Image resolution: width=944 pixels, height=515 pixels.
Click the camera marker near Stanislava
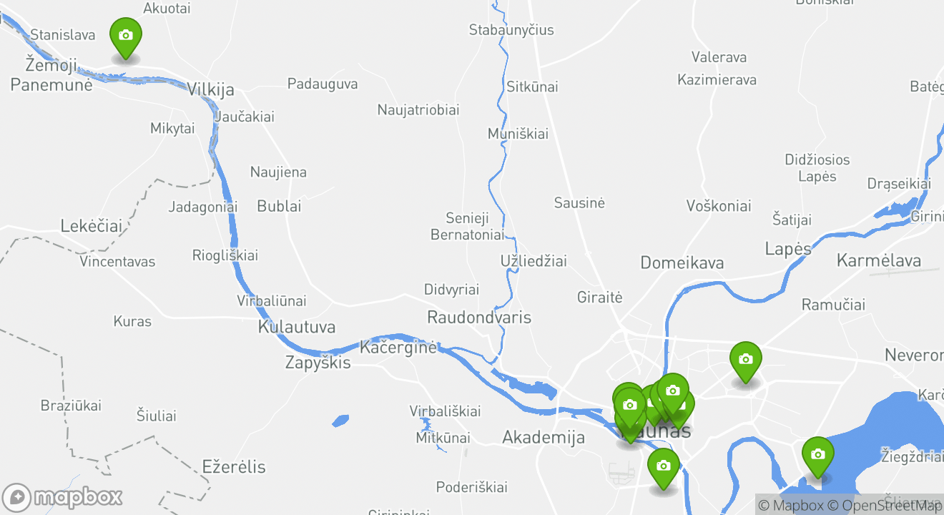[x=126, y=36]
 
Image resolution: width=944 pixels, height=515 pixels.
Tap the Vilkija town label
[x=210, y=89]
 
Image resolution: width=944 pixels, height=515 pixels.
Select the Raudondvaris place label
[x=478, y=317]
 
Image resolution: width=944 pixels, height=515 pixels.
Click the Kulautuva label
[x=296, y=327]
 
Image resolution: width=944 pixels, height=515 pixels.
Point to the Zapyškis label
[x=318, y=363]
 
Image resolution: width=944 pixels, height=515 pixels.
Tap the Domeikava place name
[x=682, y=263]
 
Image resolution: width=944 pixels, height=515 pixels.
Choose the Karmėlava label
[x=878, y=260]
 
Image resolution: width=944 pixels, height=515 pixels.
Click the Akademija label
[x=544, y=437]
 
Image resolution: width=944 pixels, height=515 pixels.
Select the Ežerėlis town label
[x=234, y=467]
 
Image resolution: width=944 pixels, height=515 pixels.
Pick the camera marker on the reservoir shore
[x=817, y=456]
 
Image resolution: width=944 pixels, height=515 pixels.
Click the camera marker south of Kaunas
[x=663, y=467]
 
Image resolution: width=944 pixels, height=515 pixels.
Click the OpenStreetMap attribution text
[x=885, y=506]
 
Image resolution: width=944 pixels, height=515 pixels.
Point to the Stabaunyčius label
[x=511, y=30]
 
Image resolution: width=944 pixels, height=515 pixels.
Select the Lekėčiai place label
[x=92, y=226]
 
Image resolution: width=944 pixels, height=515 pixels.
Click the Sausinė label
[x=579, y=203]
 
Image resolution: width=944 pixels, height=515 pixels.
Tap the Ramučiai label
[x=833, y=305]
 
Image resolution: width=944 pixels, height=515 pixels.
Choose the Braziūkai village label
[x=71, y=406]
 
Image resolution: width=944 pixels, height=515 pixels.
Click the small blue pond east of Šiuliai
[x=340, y=421]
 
